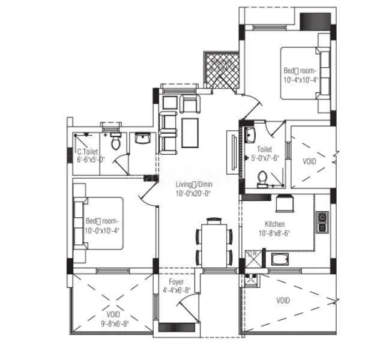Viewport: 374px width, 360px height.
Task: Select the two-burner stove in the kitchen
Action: tap(322, 221)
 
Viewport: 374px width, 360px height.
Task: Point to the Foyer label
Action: tap(176, 281)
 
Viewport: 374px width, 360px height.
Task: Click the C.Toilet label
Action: tap(88, 152)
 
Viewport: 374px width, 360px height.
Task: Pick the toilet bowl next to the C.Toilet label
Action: tap(116, 142)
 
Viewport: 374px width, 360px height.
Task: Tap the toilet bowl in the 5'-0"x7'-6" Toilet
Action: tap(262, 178)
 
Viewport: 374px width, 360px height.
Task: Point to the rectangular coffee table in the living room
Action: tap(192, 133)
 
